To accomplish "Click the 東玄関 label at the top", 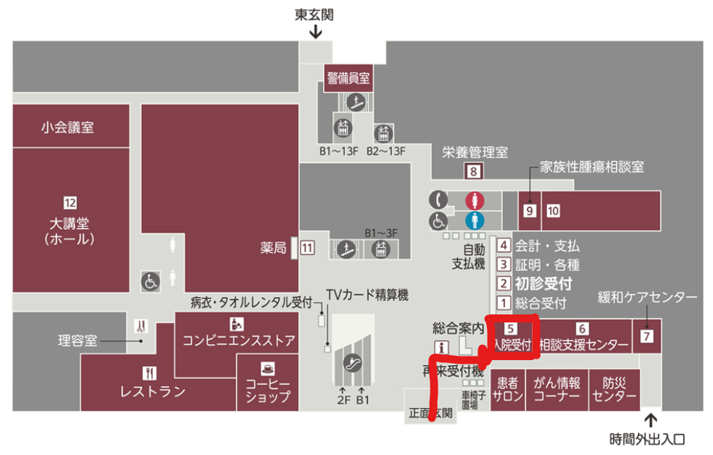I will click(x=314, y=14).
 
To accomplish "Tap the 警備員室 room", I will click(x=349, y=78).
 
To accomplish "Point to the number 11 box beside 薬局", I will click(x=308, y=248).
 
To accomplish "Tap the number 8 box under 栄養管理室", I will click(x=473, y=172).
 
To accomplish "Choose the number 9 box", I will click(x=530, y=211).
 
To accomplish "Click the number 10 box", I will click(x=553, y=211).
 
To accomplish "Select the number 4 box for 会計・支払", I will click(x=504, y=246).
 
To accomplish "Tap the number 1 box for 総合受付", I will click(x=504, y=303).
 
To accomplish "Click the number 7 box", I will click(x=647, y=335).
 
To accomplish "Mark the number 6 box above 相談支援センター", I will click(x=582, y=328).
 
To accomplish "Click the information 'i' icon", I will click(x=438, y=346).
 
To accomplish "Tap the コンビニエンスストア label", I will click(x=238, y=340).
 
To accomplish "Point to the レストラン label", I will click(x=152, y=392).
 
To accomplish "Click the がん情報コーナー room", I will click(x=556, y=390).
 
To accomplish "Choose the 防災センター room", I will click(x=614, y=390).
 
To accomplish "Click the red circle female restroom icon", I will click(x=472, y=201).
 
